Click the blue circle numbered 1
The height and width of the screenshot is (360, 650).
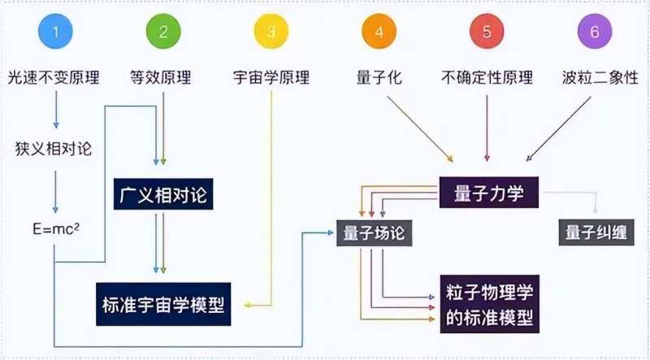[x=55, y=33]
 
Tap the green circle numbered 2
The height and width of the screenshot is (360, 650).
[x=163, y=33]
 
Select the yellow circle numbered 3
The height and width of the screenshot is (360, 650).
[x=271, y=33]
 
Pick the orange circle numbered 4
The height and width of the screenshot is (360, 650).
[x=379, y=33]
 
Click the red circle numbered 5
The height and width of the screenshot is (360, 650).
[x=487, y=33]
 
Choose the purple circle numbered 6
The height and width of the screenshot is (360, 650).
[x=594, y=33]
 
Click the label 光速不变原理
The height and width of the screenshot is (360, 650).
[x=55, y=78]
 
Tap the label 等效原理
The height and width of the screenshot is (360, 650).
[x=163, y=78]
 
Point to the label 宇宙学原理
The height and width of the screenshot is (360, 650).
[x=271, y=78]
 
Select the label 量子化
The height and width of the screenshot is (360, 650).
[x=379, y=78]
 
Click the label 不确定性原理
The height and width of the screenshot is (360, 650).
[x=487, y=78]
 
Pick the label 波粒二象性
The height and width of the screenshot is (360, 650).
[x=594, y=78]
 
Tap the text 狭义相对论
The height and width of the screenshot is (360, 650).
[x=54, y=149]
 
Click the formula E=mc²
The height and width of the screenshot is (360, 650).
[x=54, y=229]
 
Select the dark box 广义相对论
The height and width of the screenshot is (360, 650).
[x=163, y=196]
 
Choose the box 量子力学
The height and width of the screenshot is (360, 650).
[x=492, y=194]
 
